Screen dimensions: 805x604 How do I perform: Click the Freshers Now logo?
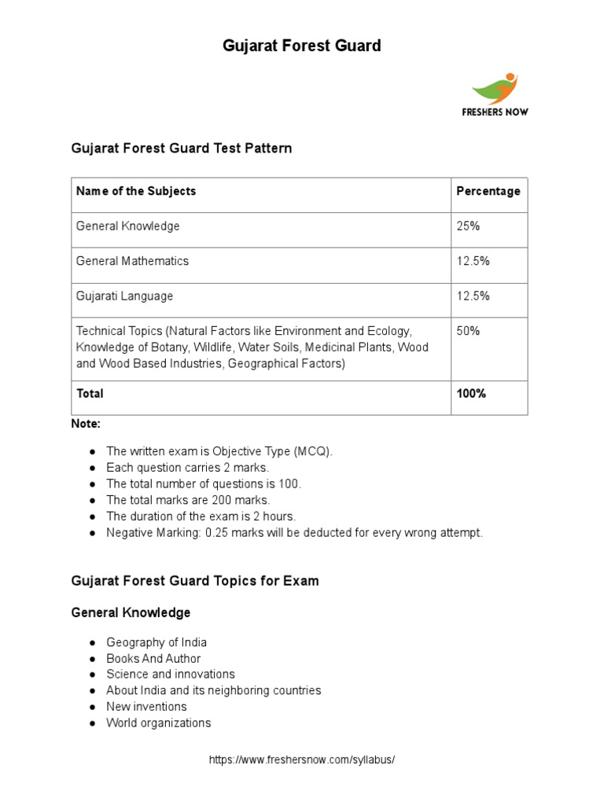(x=495, y=94)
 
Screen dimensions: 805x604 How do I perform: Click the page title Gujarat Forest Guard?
(x=301, y=46)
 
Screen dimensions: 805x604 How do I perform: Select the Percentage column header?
(x=488, y=191)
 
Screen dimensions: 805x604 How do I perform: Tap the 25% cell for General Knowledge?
(x=468, y=226)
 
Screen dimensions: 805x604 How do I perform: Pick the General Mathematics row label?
(x=132, y=261)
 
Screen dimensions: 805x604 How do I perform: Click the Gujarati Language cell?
(x=124, y=296)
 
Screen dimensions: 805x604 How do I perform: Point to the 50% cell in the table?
(x=468, y=331)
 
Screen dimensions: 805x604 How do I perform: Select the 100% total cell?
(x=471, y=393)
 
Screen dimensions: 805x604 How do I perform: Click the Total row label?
(x=90, y=393)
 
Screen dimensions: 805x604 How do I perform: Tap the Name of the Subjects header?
(x=136, y=191)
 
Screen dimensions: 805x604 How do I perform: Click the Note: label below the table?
(x=86, y=424)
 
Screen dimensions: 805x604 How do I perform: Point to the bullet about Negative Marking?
(x=294, y=533)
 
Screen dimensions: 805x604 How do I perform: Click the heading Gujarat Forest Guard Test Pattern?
(x=182, y=148)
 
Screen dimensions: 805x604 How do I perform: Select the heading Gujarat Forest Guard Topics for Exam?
(x=195, y=582)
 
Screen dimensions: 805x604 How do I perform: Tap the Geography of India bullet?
(x=157, y=642)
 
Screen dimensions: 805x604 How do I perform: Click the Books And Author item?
(x=153, y=659)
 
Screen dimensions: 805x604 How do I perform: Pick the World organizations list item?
(x=159, y=723)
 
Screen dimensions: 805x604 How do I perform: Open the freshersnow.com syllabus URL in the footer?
(x=301, y=760)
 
